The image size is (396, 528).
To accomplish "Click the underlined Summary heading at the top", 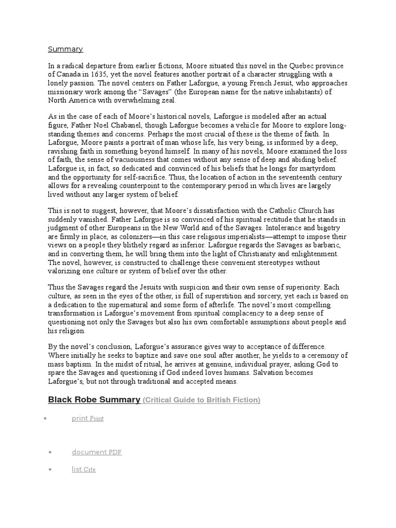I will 65,49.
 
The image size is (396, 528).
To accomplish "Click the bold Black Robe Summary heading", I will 94,400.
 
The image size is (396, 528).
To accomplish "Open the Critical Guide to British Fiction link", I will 201,400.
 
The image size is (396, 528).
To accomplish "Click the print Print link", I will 88,418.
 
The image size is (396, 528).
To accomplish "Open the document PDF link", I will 97,452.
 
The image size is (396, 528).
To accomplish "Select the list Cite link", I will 84,469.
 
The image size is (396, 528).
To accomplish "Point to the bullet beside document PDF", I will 51,452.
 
